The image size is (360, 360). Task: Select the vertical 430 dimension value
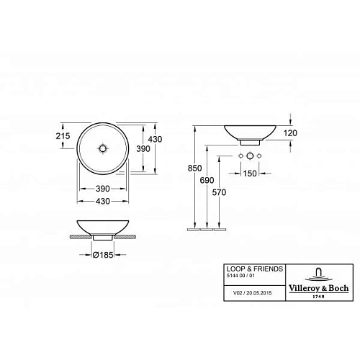click(155, 138)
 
